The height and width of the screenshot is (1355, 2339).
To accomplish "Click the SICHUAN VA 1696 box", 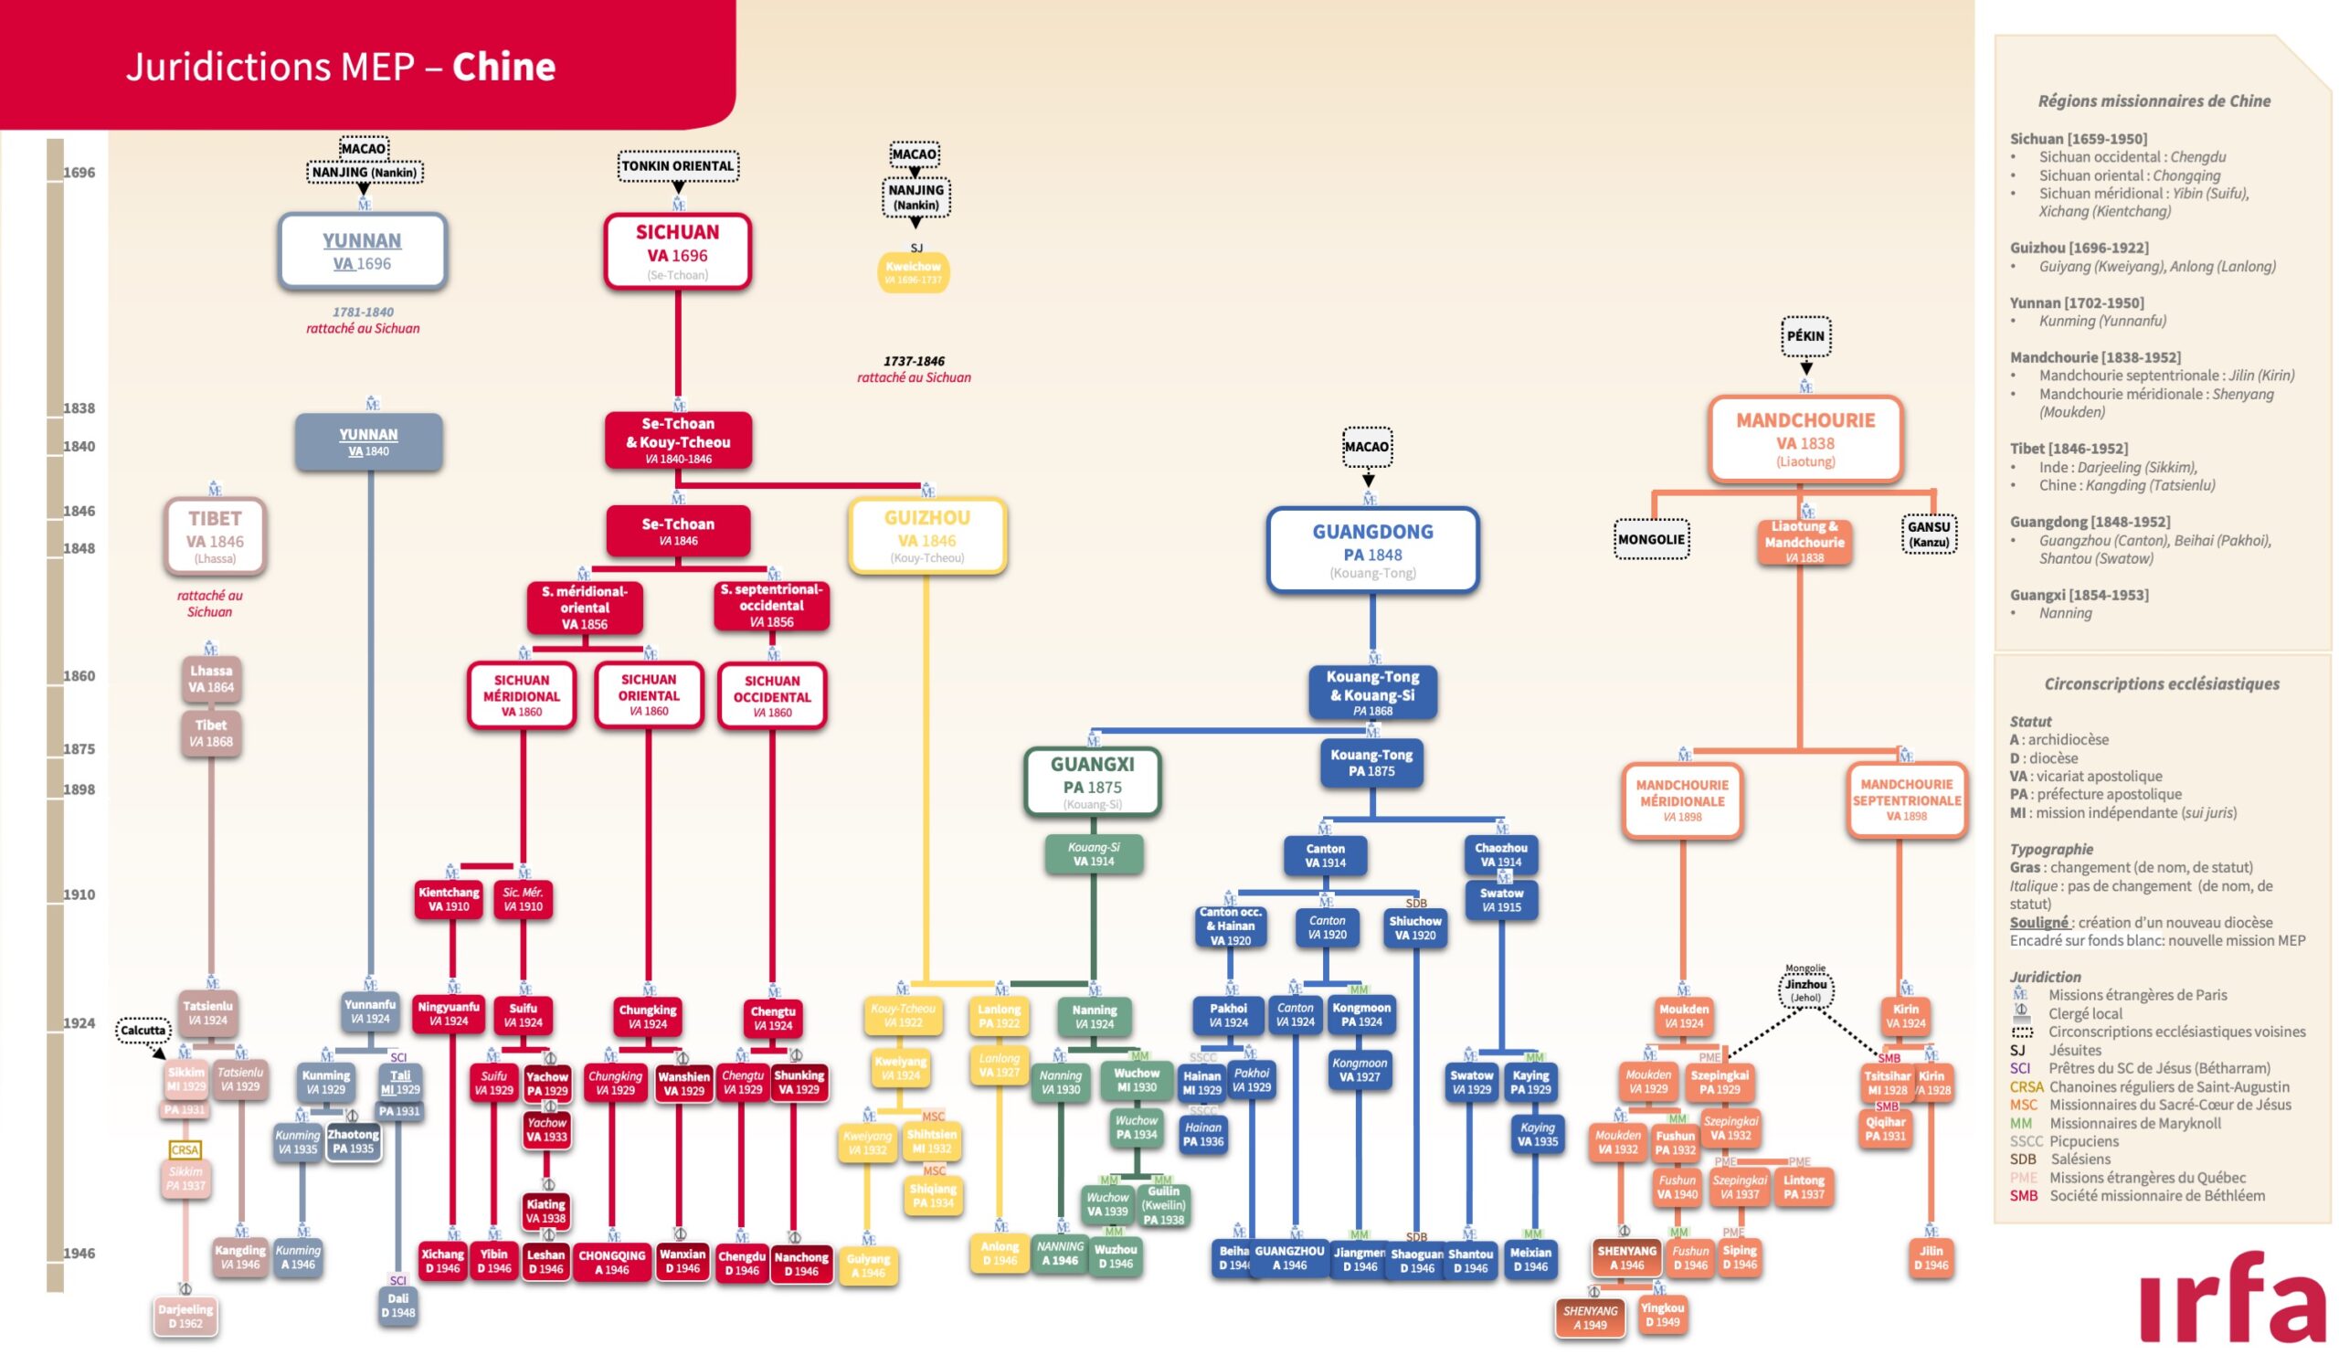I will coord(677,250).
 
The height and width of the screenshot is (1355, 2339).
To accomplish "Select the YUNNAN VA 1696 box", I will coord(362,250).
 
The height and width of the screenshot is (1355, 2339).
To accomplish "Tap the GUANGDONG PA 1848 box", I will coord(1371,549).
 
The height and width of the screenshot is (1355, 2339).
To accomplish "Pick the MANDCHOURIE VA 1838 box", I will coord(1805,439).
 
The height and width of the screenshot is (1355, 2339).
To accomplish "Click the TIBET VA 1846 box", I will coord(215,536).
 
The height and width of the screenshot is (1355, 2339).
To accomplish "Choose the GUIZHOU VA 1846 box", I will coord(926,535).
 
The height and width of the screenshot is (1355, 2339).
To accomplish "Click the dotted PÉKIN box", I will coord(1805,336).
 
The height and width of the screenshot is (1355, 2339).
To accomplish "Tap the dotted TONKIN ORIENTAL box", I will coord(678,166).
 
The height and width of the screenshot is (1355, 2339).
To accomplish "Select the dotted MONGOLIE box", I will coord(1650,539).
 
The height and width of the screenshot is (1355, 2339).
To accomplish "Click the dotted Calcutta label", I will coord(143,1030).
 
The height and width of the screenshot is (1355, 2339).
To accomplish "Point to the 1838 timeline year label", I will coord(79,408).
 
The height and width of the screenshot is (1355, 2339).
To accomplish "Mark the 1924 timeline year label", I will coord(79,1022).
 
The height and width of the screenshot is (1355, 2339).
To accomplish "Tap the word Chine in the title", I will coord(503,67).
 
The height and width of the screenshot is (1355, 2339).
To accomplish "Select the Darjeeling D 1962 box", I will coord(185,1316).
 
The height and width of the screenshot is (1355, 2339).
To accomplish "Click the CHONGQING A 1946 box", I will coord(611,1262).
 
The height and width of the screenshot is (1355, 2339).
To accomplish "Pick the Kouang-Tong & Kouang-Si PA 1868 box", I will coord(1371,693).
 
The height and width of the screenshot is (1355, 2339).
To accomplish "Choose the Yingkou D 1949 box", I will coord(1661,1314).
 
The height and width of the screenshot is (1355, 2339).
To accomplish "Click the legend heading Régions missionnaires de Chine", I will coord(2154,101).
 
